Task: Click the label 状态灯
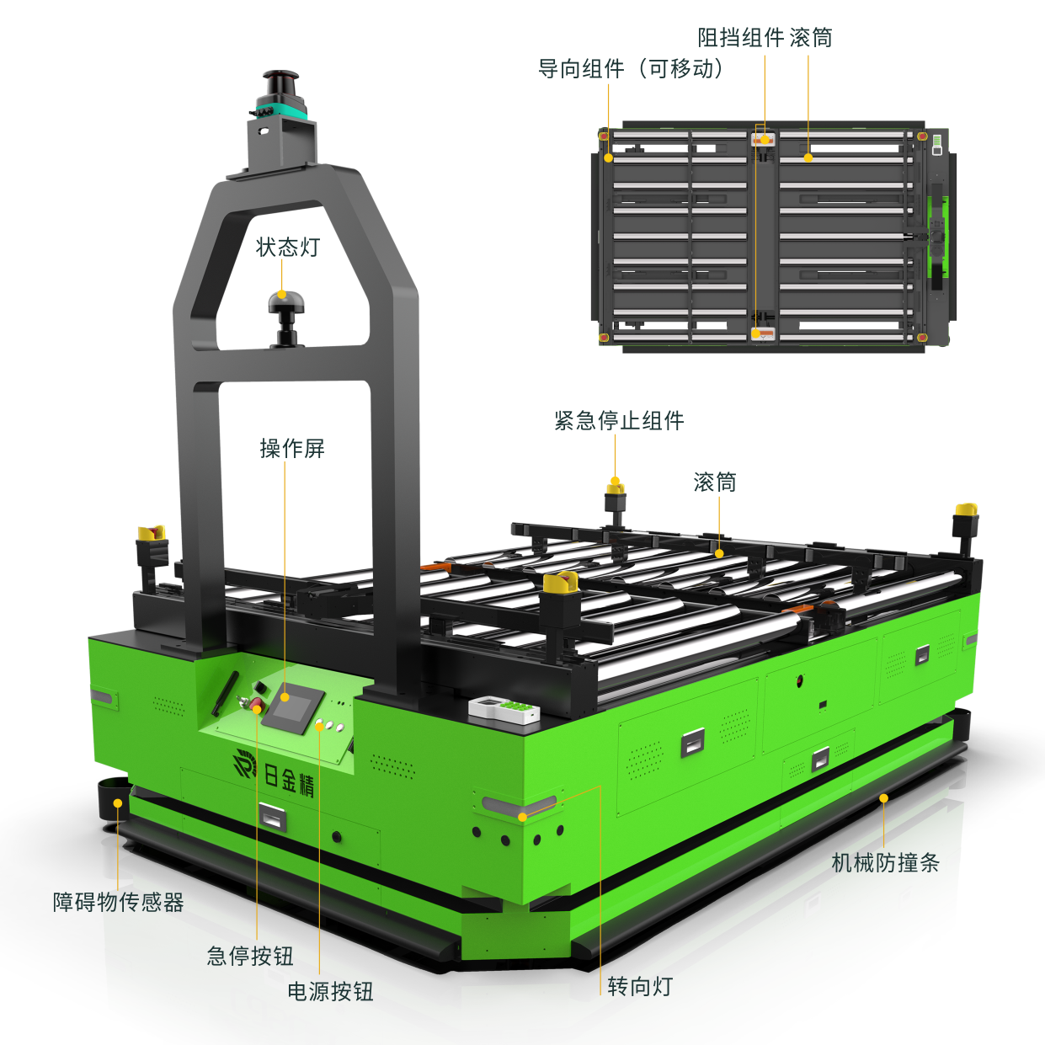[287, 248]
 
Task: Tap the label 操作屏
[292, 449]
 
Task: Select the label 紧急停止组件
[619, 420]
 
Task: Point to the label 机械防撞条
[885, 862]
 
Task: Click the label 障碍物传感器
[118, 902]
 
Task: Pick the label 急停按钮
[250, 956]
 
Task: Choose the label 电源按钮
[330, 991]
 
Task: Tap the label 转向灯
[640, 986]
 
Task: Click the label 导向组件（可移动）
[631, 69]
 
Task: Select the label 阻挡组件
[741, 37]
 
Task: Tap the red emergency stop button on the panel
[256, 707]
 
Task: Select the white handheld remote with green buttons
[504, 710]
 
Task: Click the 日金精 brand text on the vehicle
[289, 779]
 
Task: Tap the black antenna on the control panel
[224, 694]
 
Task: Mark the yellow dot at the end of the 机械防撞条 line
[883, 798]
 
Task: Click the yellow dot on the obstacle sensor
[117, 803]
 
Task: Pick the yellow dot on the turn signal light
[522, 817]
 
